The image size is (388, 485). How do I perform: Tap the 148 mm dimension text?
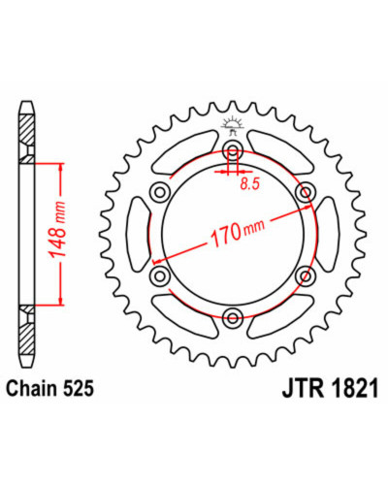58,230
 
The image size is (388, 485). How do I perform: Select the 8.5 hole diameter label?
250,184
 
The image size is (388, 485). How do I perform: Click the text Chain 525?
50,389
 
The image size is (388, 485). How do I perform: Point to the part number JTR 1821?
330,389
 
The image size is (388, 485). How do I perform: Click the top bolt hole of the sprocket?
233,149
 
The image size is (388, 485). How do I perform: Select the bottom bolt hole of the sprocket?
233,317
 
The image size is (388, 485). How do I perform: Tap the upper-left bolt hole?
160,192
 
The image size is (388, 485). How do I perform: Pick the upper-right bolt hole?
306,192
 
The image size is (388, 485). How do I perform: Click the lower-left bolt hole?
160,275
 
